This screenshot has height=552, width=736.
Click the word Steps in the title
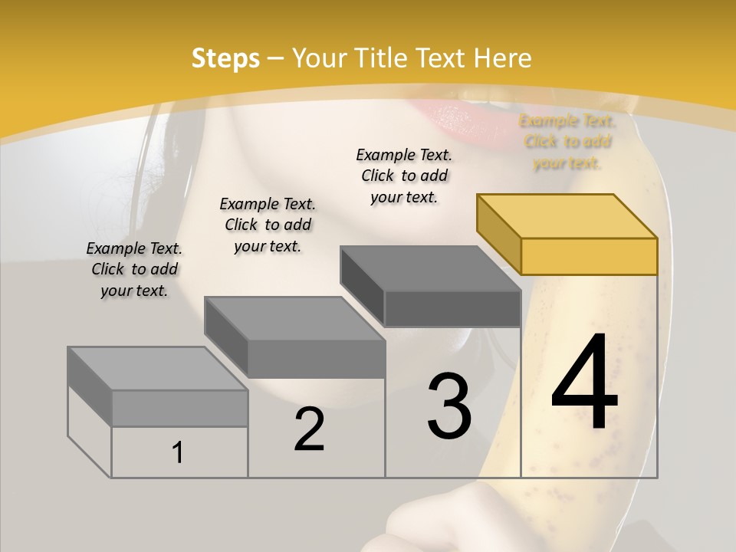pyautogui.click(x=225, y=58)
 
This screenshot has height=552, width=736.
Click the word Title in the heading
pyautogui.click(x=379, y=58)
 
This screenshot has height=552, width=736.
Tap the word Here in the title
pyautogui.click(x=502, y=58)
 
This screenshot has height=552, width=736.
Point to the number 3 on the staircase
pyautogui.click(x=449, y=406)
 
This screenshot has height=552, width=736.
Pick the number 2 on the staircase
pyautogui.click(x=310, y=429)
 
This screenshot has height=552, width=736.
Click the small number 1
pyautogui.click(x=178, y=453)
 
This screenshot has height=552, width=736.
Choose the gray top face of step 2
pyautogui.click(x=294, y=318)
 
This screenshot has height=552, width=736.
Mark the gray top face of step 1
pyautogui.click(x=158, y=368)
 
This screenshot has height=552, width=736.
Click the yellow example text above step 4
pyautogui.click(x=567, y=142)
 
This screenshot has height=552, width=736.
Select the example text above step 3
pyautogui.click(x=405, y=176)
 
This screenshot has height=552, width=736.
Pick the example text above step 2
pyautogui.click(x=268, y=225)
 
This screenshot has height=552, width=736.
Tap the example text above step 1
pyautogui.click(x=134, y=269)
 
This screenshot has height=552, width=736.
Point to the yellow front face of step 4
pyautogui.click(x=589, y=256)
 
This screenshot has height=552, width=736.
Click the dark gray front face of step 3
pyautogui.click(x=452, y=308)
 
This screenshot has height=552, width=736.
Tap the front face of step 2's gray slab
pyautogui.click(x=316, y=359)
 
